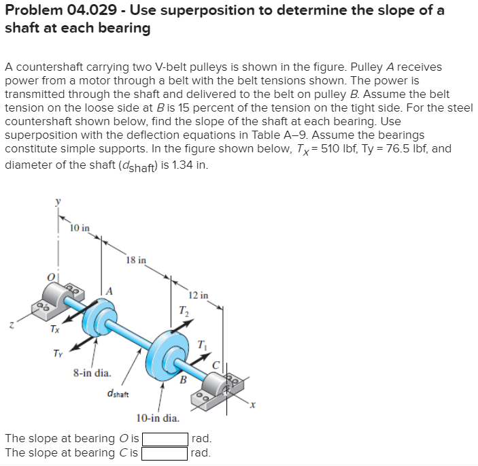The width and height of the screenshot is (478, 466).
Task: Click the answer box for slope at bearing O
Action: coord(165,439)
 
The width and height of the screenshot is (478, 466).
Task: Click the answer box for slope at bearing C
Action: coord(165,452)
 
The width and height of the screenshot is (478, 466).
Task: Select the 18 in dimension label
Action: coord(135,260)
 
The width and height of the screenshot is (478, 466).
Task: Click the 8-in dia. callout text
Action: coord(92,373)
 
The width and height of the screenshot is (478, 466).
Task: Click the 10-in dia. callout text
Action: coord(158,418)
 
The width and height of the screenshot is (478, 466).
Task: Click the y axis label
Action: coord(58,201)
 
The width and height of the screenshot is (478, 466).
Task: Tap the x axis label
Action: coord(251,405)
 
